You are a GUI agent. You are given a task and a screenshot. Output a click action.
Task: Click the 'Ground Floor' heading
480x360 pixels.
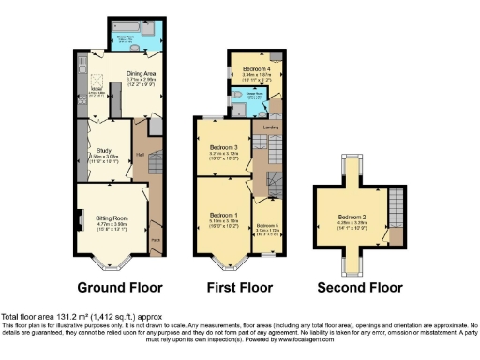click(119, 287)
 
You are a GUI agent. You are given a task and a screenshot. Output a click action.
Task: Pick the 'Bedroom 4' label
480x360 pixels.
click(257, 68)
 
